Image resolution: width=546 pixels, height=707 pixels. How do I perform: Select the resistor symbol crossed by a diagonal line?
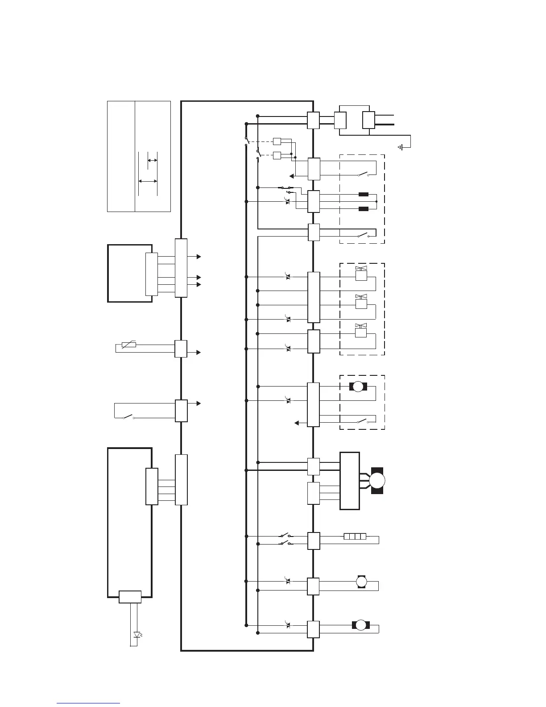click(x=128, y=345)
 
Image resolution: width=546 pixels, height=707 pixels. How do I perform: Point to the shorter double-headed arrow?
click(x=152, y=160)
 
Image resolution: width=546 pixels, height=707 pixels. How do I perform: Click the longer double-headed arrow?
click(x=148, y=181)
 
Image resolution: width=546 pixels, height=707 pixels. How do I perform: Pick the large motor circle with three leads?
click(x=377, y=481)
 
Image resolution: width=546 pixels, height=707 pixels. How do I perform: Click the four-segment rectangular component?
click(x=355, y=536)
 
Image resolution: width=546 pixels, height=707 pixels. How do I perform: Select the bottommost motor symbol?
click(x=361, y=625)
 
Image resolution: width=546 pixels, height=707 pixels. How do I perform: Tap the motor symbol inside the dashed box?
click(x=358, y=387)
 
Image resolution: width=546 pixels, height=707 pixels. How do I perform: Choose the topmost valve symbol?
click(x=361, y=274)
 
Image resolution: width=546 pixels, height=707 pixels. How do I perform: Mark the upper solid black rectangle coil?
click(x=364, y=195)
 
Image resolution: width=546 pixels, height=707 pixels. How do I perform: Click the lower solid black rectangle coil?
click(x=364, y=209)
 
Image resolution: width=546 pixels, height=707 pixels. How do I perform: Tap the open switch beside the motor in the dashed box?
click(x=362, y=421)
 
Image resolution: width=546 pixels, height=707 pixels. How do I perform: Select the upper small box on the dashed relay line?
click(x=277, y=141)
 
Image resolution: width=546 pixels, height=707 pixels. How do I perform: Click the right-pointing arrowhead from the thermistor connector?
click(x=199, y=353)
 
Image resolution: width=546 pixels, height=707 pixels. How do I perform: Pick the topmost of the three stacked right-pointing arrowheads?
click(x=199, y=257)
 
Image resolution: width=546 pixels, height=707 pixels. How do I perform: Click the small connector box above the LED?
click(x=130, y=597)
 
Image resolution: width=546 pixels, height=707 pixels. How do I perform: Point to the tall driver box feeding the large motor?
click(x=350, y=481)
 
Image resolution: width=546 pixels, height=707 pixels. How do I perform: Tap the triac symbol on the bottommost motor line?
click(x=288, y=624)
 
